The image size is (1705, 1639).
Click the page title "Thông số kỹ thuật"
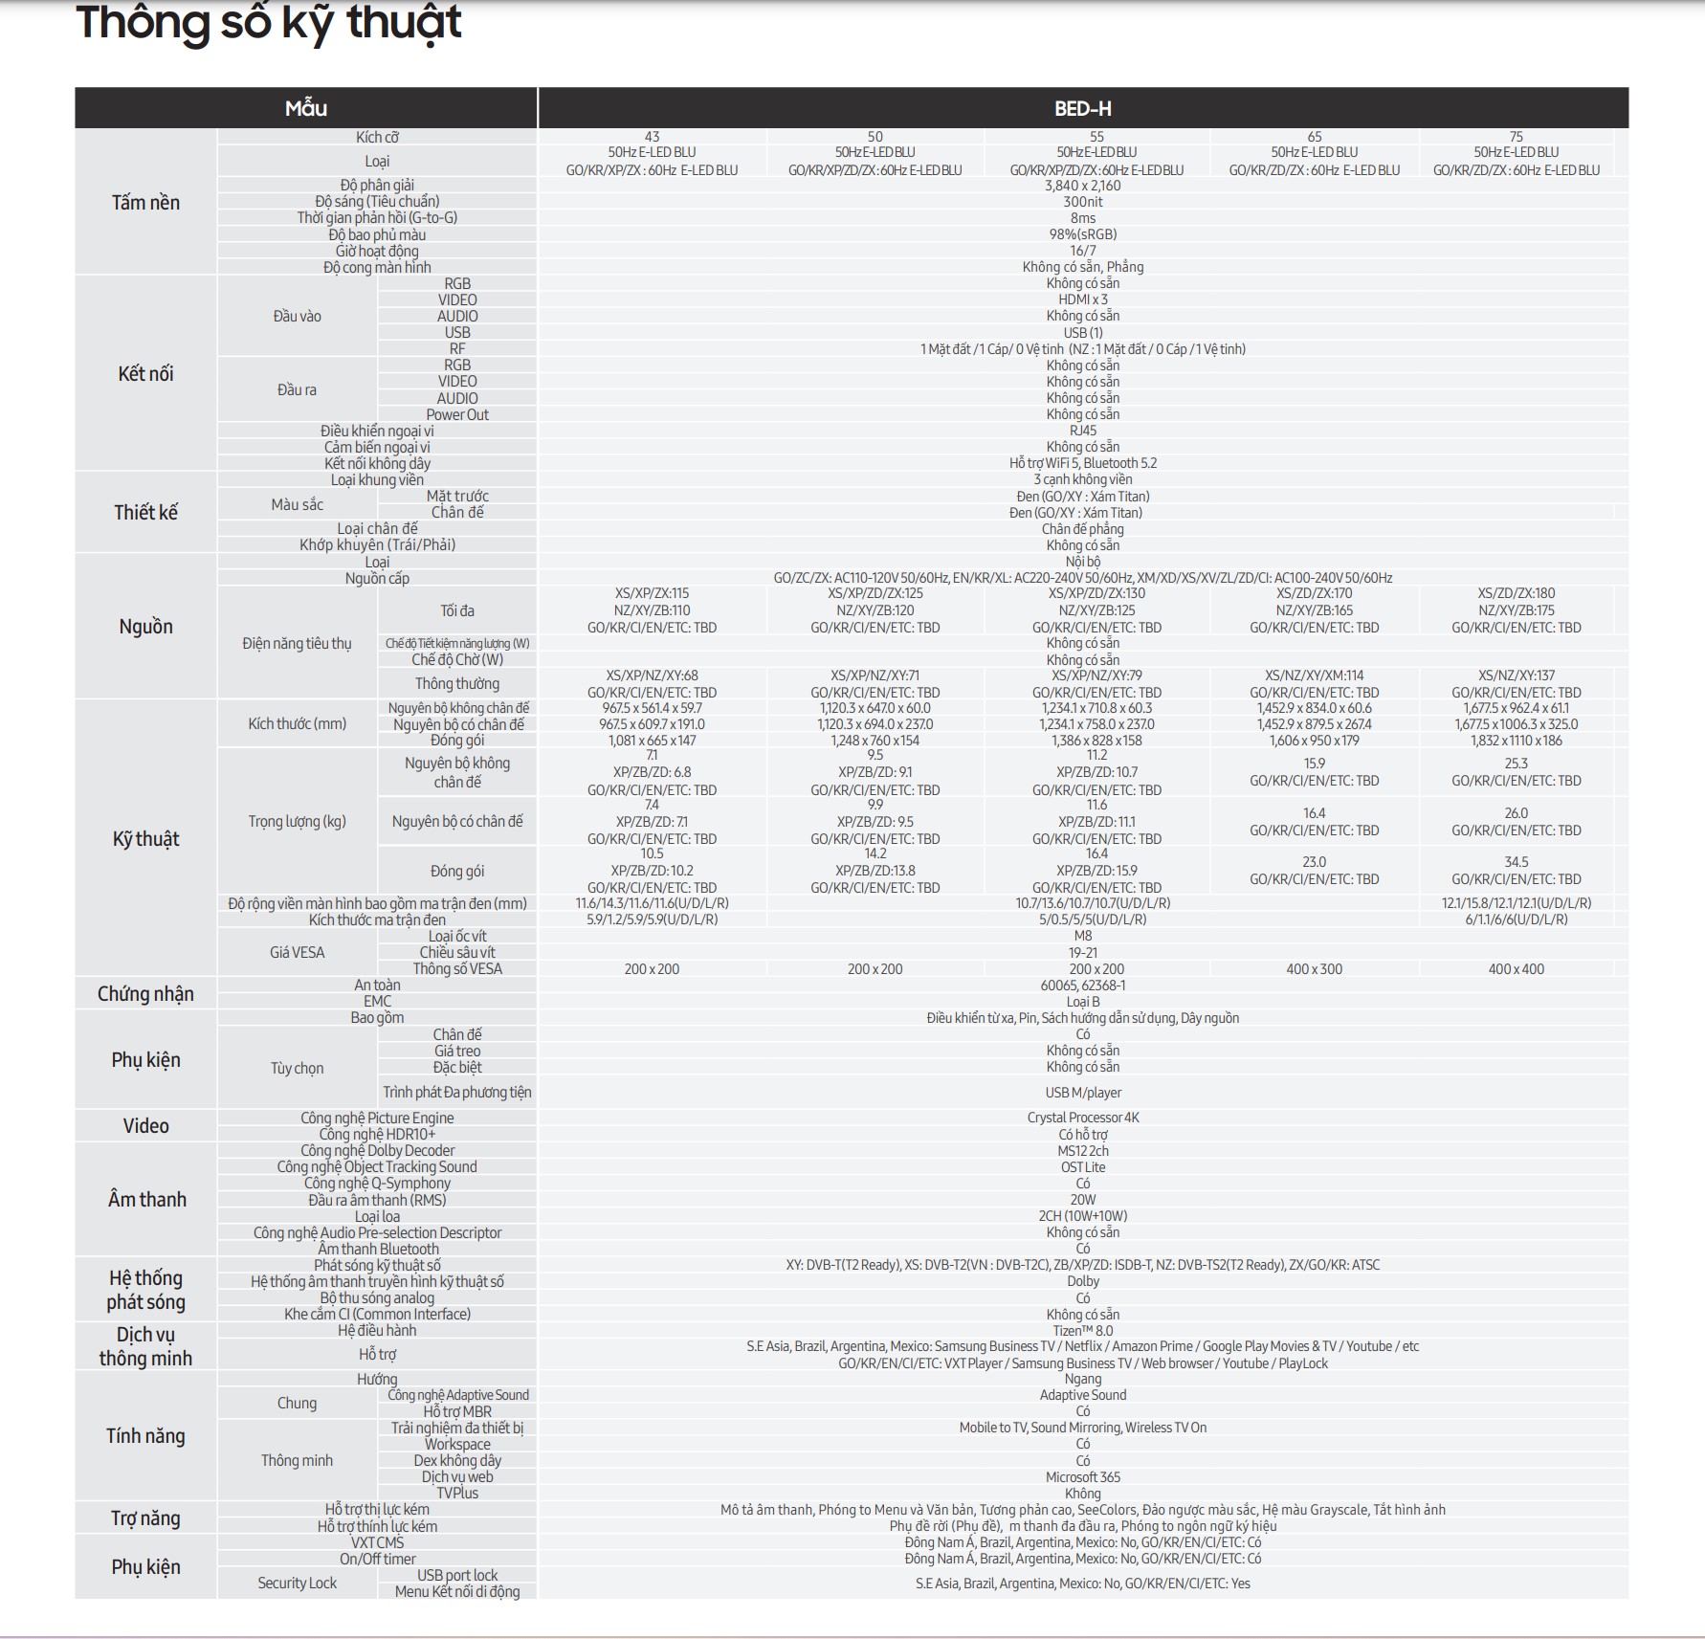pos(269,24)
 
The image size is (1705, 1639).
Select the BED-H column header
pos(1082,109)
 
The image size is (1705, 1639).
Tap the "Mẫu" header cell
pos(306,109)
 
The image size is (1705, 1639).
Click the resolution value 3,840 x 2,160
pos(1082,186)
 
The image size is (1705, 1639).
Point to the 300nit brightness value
pos(1082,202)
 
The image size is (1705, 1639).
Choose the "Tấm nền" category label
pos(145,203)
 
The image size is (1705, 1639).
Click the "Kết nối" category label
pos(145,374)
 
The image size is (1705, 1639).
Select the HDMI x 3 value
pos(1082,299)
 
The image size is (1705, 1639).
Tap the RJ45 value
pos(1082,431)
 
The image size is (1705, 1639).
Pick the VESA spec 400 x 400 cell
pos(1516,969)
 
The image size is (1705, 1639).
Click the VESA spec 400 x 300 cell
pos(1314,969)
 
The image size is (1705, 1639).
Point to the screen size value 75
pos(1516,137)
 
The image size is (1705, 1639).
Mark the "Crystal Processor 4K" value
pos(1082,1118)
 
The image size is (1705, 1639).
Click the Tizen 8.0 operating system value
pos(1082,1331)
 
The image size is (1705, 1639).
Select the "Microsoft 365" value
pos(1082,1477)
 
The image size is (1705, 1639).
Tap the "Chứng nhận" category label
pos(145,994)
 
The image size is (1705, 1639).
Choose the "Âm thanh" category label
pos(146,1200)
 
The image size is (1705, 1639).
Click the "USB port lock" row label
pos(457,1575)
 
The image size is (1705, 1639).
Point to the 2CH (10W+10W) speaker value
pos(1082,1216)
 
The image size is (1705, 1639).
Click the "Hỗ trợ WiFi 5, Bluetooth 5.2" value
pos(1082,463)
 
